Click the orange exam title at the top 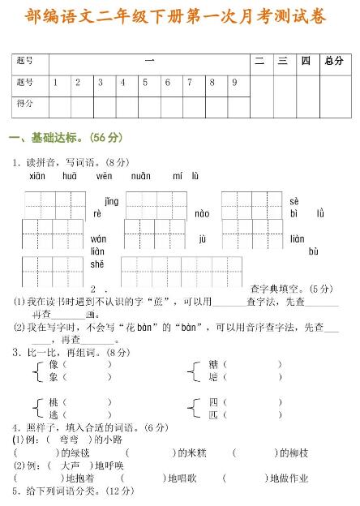pos(180,16)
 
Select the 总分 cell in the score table pos(333,61)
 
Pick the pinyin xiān pos(37,175)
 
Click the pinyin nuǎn pos(140,175)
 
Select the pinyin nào pos(202,214)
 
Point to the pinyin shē pos(97,264)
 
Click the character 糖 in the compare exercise pos(213,365)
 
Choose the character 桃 pos(54,402)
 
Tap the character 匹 pos(213,414)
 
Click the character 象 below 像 pos(54,377)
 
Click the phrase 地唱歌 pos(182,478)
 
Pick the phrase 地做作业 pos(289,478)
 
